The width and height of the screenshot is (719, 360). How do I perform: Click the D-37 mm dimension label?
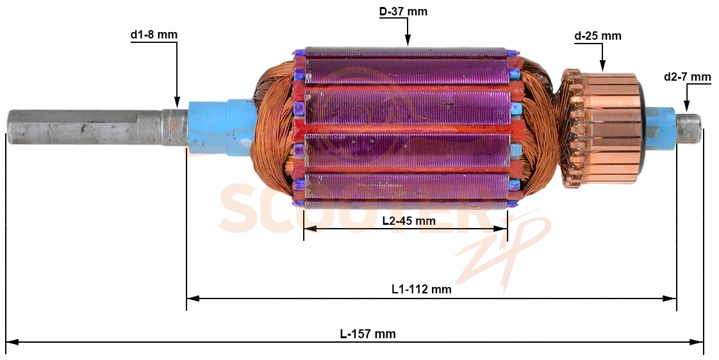(403, 12)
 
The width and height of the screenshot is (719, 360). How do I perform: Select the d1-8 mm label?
(154, 35)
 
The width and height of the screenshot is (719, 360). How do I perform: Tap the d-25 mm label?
(597, 36)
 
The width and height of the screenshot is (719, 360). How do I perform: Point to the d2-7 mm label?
(688, 77)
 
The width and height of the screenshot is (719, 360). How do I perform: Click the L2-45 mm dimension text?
(409, 221)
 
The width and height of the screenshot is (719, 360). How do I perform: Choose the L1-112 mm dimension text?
(422, 290)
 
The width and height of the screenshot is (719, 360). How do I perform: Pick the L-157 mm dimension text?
(368, 334)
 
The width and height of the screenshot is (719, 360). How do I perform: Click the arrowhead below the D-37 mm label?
(408, 41)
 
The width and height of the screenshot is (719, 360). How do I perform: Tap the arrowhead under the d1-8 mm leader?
(177, 101)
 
